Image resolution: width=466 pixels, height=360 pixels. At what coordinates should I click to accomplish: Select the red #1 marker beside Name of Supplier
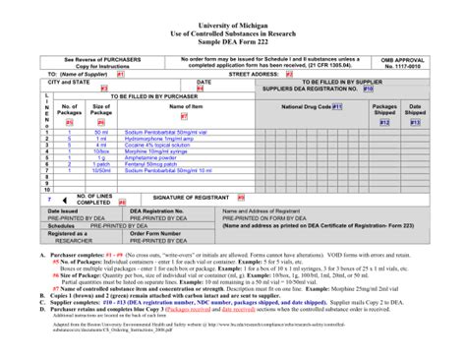pyautogui.click(x=120, y=73)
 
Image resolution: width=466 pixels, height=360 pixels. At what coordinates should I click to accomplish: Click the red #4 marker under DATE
pyautogui.click(x=201, y=89)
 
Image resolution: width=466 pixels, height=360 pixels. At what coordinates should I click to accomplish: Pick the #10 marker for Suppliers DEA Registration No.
pyautogui.click(x=368, y=89)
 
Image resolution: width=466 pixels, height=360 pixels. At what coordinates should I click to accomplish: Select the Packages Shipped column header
pyautogui.click(x=384, y=109)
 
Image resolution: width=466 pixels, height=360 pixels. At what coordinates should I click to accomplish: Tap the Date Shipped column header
pyautogui.click(x=416, y=109)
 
